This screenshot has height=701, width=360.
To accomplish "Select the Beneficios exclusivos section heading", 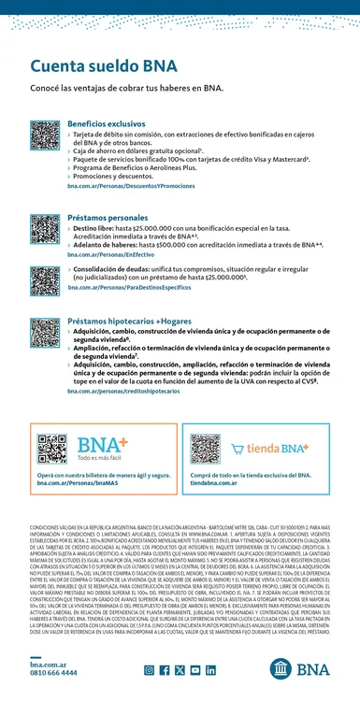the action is coord(107,124).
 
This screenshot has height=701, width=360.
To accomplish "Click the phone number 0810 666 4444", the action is coord(54,672).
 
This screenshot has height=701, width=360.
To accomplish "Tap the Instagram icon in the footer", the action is coord(149,670).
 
